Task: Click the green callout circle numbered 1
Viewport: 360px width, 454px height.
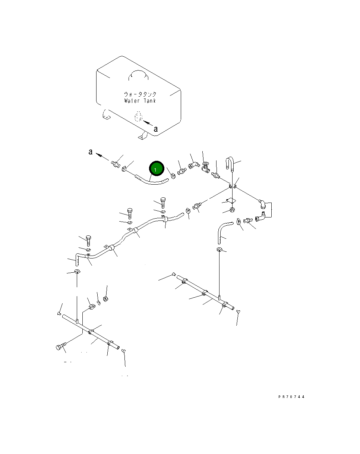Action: pos(157,168)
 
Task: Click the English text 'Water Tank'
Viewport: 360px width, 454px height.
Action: pos(140,101)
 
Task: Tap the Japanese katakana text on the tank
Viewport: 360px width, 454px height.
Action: pos(140,94)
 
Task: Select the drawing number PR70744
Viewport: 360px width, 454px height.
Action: pos(291,397)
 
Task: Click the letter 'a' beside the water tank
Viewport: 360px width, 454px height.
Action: pos(155,129)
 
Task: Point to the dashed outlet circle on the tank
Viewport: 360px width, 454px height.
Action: pos(139,116)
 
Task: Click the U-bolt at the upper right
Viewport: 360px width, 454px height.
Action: pos(230,163)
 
